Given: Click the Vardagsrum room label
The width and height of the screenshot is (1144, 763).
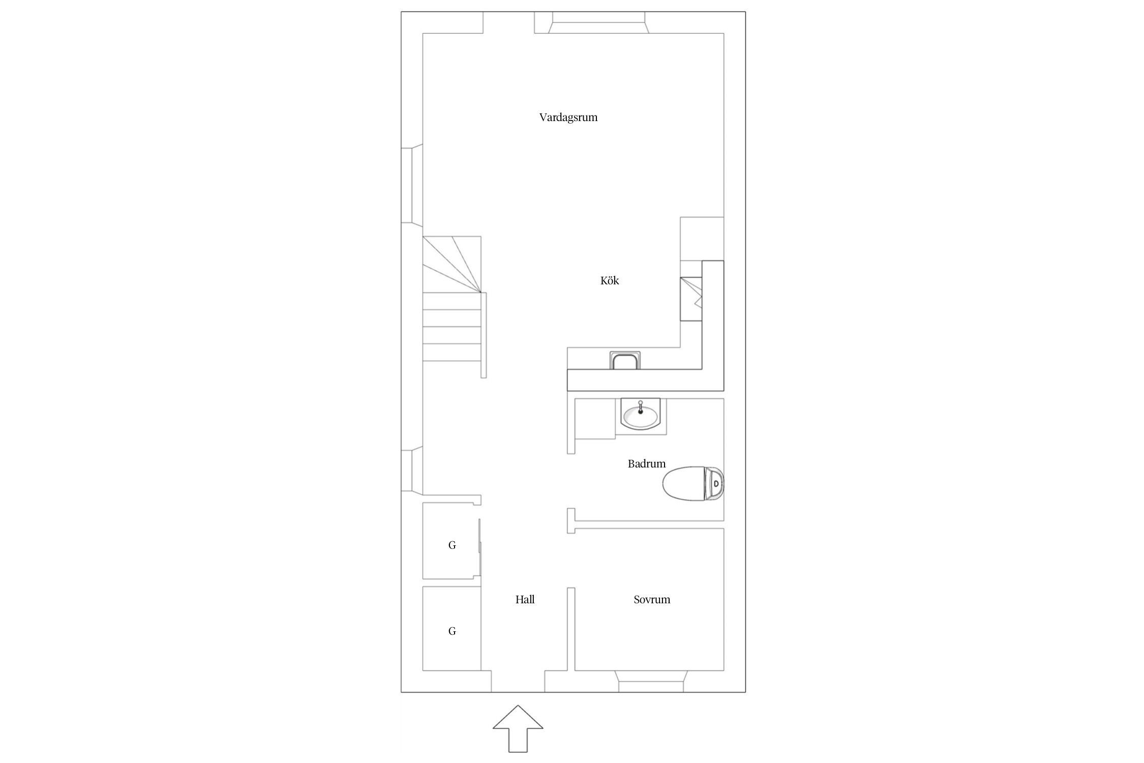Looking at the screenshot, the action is tap(568, 118).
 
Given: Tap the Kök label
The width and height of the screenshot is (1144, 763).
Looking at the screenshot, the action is tap(610, 280).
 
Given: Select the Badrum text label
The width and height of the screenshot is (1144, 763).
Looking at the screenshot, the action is tap(646, 463).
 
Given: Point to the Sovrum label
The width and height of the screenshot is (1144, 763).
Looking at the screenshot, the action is tap(652, 599).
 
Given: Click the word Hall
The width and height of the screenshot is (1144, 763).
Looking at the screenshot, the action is tap(525, 599).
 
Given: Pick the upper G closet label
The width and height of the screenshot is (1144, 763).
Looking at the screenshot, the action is tap(452, 545).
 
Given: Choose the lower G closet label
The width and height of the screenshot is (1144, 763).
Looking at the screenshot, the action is tap(452, 631).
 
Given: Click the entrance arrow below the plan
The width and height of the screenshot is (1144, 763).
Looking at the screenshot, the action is tap(518, 728).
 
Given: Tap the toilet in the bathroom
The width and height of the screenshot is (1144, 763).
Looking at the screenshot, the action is tap(693, 483).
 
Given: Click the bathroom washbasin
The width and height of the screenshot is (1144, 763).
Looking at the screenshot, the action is tap(640, 414).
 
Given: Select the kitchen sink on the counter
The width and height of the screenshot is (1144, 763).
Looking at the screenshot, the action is tap(625, 361).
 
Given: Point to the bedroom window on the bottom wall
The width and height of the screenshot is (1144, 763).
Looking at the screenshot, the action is tap(650, 681).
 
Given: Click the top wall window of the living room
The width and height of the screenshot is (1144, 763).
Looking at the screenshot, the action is tap(598, 22).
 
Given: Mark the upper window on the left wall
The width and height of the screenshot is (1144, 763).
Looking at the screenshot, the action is tap(412, 185).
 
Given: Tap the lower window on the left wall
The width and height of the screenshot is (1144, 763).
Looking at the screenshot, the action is tap(412, 470).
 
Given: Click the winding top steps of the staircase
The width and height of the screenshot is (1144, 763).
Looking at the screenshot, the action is tap(452, 265).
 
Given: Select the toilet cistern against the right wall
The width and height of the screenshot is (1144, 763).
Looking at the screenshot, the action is tap(714, 483).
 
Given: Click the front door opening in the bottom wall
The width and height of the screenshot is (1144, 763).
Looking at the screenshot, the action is tap(518, 682).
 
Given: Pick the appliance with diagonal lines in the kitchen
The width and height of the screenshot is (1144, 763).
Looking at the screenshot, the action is tap(691, 299).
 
